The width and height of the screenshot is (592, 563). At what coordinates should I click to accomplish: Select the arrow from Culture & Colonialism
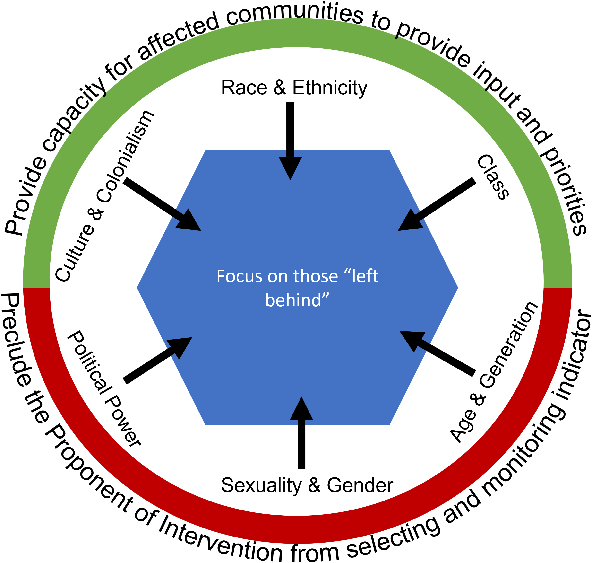162,204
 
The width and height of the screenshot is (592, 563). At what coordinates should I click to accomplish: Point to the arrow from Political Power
157,360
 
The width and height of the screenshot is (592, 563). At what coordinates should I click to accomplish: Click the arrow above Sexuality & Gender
301,432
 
